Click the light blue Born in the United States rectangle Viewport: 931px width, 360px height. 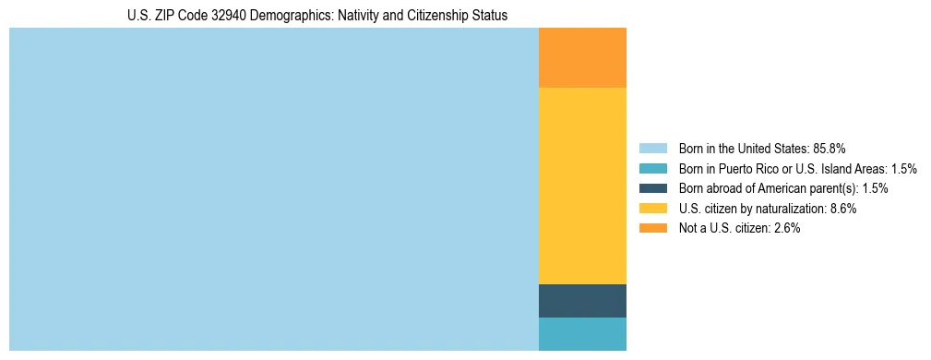coord(273,189)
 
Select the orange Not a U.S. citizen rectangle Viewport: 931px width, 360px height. coord(582,57)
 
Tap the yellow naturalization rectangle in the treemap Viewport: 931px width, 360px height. coord(582,186)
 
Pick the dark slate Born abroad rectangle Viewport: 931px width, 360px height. coord(582,301)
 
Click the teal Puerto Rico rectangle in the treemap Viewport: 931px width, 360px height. coord(582,334)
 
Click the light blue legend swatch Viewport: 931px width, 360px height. coord(652,149)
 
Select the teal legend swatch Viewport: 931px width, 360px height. coord(652,169)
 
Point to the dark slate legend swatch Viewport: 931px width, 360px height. coord(652,188)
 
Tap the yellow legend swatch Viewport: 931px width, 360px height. coord(652,209)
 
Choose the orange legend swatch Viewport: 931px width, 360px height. coord(652,228)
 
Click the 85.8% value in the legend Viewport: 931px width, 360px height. coord(830,149)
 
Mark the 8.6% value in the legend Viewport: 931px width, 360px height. coord(841,209)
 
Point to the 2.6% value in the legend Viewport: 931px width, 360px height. coord(783,228)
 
